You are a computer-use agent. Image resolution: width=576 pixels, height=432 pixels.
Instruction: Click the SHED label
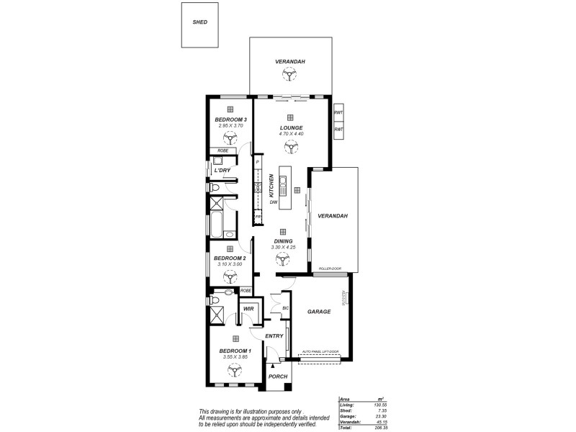pos(200,22)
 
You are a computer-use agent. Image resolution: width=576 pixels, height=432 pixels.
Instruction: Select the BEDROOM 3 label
pos(231,120)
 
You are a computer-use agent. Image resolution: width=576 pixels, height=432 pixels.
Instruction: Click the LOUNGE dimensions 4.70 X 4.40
pos(291,134)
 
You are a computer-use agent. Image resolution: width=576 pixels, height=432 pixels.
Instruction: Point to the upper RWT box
pos(338,112)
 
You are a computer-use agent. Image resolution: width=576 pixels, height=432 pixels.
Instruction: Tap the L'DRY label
pos(222,170)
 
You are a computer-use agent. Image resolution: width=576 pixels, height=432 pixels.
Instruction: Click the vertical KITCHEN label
pos(271,186)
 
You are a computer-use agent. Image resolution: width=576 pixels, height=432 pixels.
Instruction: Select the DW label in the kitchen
pos(274,202)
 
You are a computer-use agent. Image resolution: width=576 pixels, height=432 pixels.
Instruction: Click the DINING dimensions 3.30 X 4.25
pos(283,248)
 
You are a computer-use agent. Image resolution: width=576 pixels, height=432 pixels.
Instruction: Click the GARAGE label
pos(318,312)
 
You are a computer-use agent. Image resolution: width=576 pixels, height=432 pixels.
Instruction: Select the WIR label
pos(248,309)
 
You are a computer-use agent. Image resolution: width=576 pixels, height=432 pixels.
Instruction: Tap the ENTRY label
pos(274,336)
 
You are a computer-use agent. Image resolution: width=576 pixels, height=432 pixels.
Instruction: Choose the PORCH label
pos(277,377)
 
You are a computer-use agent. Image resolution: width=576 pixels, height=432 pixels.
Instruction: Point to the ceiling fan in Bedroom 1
pos(235,370)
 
